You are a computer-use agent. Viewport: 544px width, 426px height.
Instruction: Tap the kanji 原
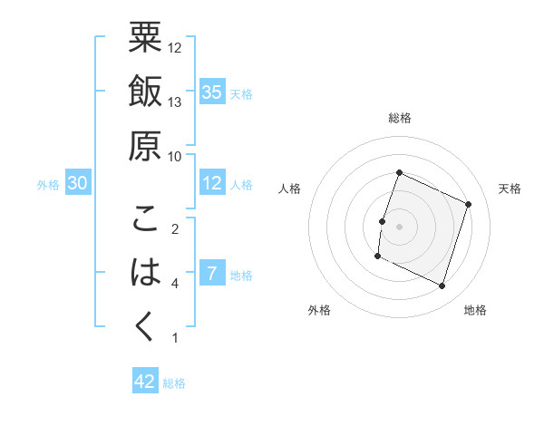point(145,146)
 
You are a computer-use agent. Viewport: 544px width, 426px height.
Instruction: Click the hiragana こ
point(145,219)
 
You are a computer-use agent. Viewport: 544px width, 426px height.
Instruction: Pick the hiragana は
point(145,273)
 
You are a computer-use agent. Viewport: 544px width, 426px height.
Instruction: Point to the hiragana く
point(145,328)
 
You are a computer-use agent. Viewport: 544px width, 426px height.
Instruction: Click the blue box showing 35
point(212,92)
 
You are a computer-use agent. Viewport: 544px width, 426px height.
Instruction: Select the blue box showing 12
point(212,183)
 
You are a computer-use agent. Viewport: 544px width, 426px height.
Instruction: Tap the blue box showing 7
point(212,274)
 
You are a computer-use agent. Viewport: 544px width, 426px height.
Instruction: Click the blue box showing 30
point(78,183)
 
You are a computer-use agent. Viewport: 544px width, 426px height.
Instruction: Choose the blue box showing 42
point(145,382)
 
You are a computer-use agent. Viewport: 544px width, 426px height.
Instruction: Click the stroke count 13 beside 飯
point(176,102)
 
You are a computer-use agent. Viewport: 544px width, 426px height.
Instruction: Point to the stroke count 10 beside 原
point(176,157)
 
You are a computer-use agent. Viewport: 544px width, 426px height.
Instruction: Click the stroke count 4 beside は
point(175,284)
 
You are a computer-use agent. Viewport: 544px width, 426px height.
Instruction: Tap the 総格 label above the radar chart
point(399,118)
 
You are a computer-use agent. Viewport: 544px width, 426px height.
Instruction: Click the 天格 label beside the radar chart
point(510,189)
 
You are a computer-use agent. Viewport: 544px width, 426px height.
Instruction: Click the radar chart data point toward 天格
point(469,205)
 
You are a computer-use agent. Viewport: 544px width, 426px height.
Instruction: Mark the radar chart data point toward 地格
point(442,286)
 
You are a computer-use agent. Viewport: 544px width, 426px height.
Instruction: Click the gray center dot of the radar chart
point(399,227)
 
